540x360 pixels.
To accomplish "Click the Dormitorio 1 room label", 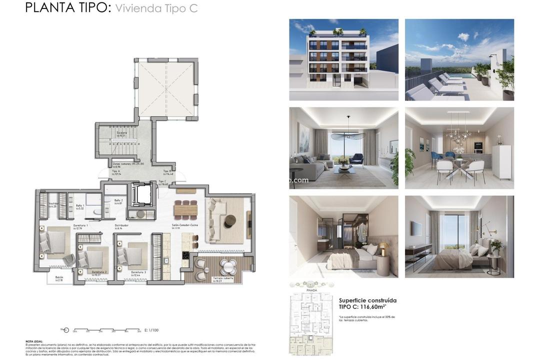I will (80, 225).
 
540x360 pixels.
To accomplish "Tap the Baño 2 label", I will (118, 200).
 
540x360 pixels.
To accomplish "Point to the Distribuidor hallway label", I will (122, 225).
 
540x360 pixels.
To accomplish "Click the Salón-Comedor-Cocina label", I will (185, 225).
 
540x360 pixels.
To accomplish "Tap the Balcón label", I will (59, 277).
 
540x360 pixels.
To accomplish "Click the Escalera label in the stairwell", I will (122, 132).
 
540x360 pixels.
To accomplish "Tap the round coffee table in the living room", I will (230, 220).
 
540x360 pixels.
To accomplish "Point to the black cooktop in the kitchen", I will (185, 259).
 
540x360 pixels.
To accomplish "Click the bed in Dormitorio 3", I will (132, 255).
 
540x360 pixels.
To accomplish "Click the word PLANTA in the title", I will (47, 8).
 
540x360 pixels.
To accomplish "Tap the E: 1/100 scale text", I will (151, 330).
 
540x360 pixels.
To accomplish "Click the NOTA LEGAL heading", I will (33, 341).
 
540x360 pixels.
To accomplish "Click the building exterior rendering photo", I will (343, 59).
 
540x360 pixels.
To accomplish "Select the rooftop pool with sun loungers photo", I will (459, 59).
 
